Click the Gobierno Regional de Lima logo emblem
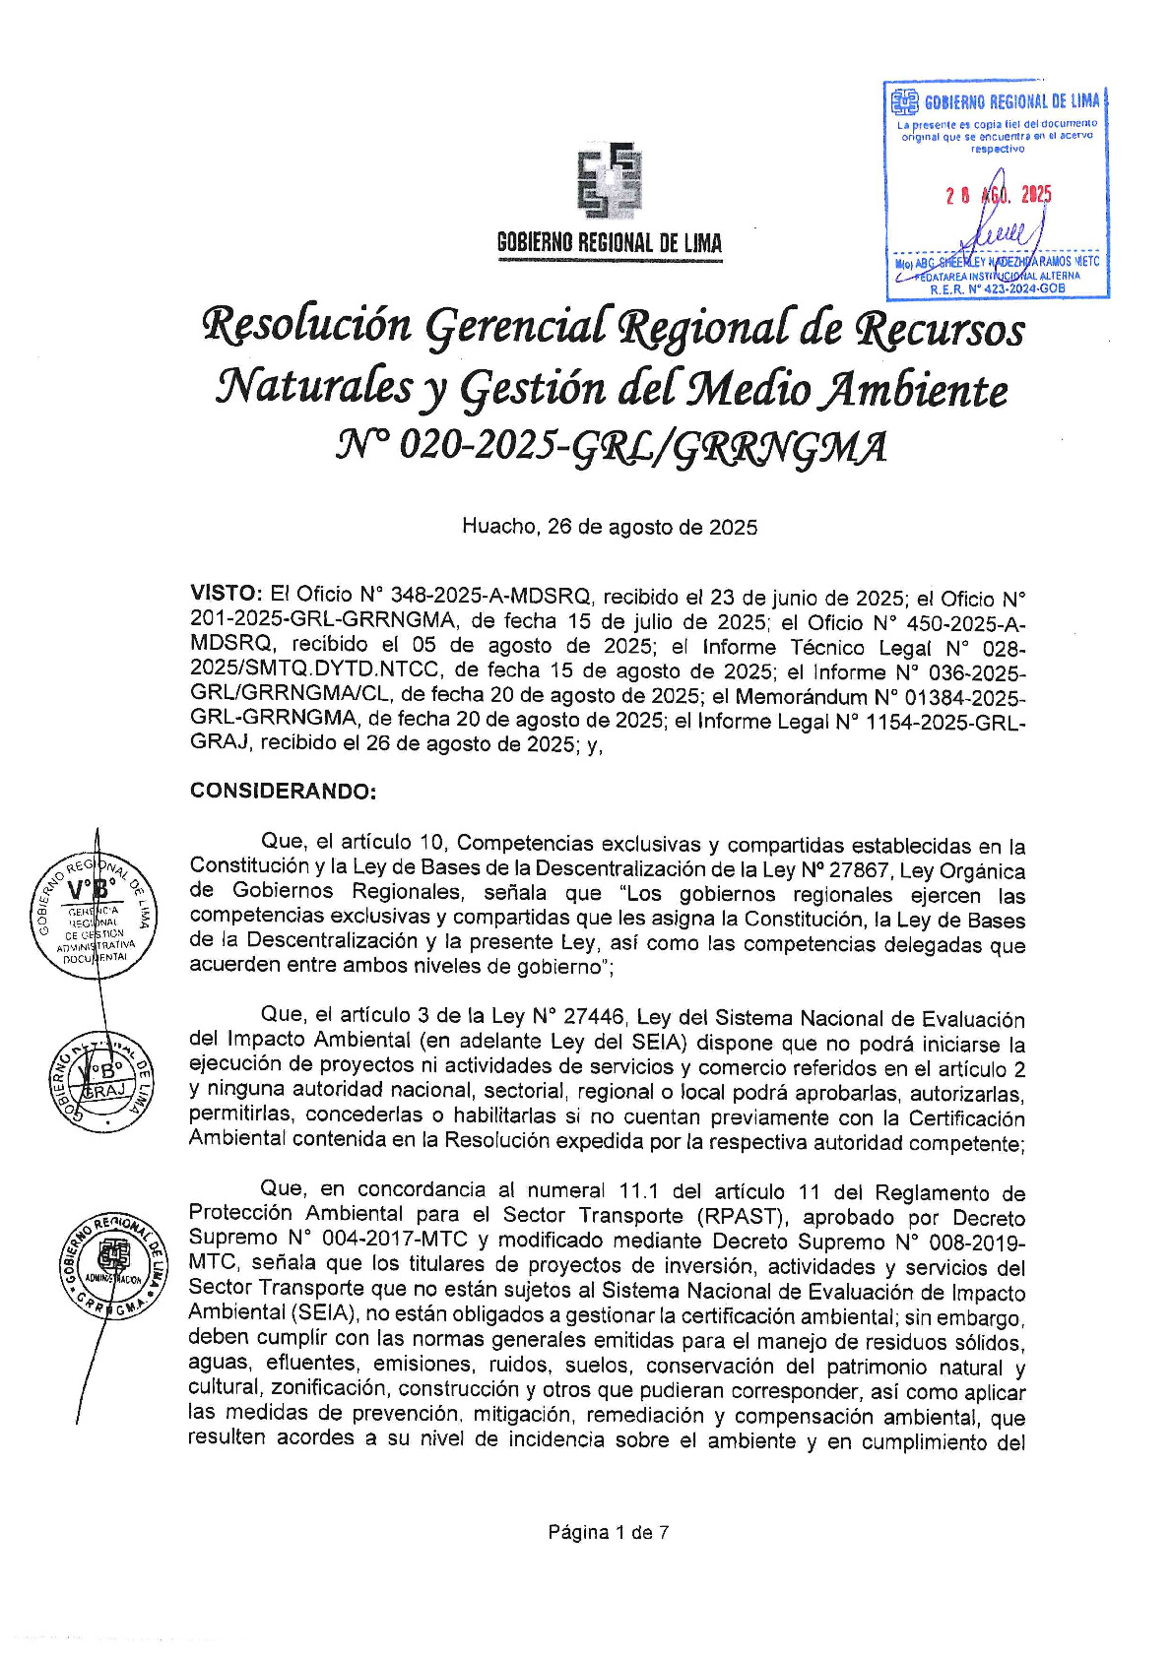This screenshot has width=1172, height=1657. point(609,181)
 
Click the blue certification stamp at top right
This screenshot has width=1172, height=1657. point(996,190)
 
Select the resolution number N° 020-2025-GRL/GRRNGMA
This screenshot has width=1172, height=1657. point(611,446)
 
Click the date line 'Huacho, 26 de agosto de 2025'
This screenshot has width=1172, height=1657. point(610,527)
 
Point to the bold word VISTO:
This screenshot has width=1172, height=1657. point(226,594)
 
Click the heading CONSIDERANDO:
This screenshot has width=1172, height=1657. point(283,792)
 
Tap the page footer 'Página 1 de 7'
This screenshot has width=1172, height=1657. point(609,1532)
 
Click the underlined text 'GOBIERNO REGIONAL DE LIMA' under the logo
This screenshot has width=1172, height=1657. point(609,243)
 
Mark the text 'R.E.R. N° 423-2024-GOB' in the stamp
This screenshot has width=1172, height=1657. point(997,289)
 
